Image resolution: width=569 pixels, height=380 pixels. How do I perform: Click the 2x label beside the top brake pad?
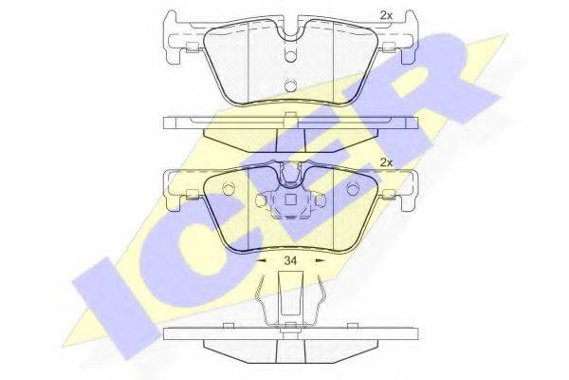(x=386, y=15)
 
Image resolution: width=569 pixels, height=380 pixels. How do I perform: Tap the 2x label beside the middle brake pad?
(x=386, y=162)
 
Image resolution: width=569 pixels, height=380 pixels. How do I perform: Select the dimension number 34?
(x=291, y=260)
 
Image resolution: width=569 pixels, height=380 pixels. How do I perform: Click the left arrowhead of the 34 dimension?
(x=261, y=260)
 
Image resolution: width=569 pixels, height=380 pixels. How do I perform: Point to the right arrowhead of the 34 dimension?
(x=320, y=260)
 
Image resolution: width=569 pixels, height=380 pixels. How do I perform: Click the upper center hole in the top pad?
(x=290, y=55)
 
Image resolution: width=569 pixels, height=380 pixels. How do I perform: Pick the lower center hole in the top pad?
(x=290, y=85)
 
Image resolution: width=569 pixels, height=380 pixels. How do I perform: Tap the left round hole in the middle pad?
(x=229, y=189)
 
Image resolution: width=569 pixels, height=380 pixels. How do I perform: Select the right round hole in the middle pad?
(x=352, y=189)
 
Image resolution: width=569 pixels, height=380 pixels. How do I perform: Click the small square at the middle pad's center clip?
(x=290, y=200)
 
